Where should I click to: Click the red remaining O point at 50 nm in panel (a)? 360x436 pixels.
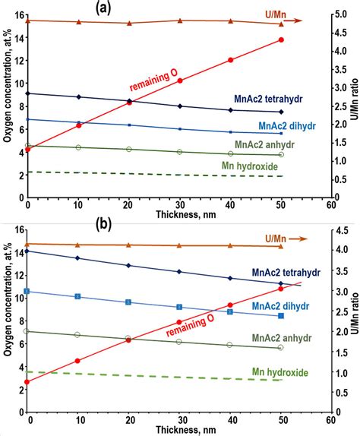[x=281, y=39]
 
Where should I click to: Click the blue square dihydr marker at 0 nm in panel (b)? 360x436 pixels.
[x=27, y=291]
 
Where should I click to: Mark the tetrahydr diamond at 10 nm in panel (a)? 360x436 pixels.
[x=78, y=96]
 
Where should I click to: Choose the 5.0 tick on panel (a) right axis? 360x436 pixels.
[x=340, y=13]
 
